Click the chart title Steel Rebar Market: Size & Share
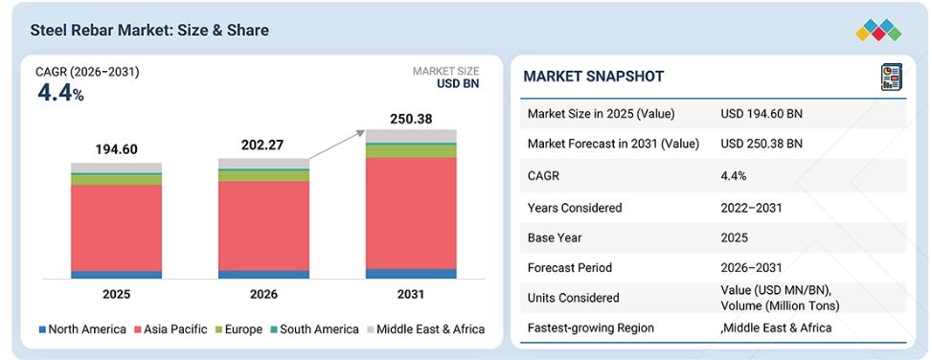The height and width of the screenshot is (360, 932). pos(149,30)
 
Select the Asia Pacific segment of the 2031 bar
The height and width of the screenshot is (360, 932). pos(411,214)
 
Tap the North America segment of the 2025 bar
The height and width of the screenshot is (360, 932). pos(117,275)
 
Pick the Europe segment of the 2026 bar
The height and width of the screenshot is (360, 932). pos(264,176)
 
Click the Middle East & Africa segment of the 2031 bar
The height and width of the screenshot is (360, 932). pos(411,136)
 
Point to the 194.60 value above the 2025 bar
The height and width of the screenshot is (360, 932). pos(117,149)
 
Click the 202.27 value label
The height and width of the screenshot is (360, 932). pos(262,146)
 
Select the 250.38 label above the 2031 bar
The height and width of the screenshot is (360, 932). pos(411,119)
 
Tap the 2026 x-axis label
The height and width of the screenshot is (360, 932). pos(264,294)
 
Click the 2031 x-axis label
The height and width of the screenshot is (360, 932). pos(411,294)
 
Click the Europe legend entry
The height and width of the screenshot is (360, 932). pos(238,329)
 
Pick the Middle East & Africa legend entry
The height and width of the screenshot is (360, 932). pos(425,329)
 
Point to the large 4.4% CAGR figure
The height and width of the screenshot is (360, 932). pos(60,93)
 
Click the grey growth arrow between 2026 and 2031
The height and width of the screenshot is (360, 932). pos(336,145)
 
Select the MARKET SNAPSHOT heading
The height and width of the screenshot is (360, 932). pos(594,76)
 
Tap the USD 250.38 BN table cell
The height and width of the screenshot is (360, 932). pos(762,144)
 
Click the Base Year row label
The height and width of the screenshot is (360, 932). pos(555,237)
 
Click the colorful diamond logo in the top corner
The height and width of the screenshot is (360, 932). pos(878,31)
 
